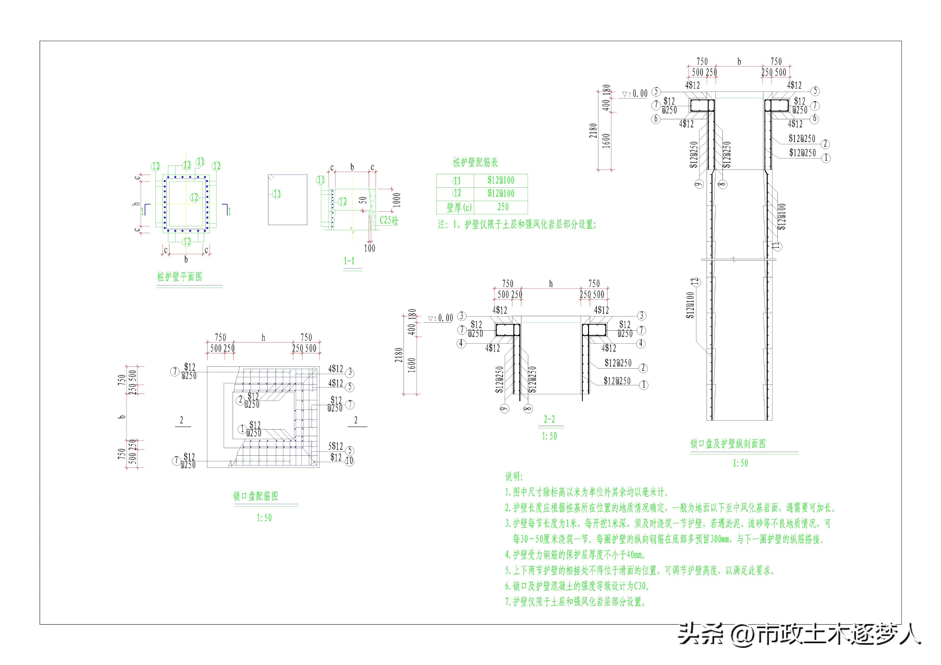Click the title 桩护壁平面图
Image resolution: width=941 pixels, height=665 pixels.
(179, 277)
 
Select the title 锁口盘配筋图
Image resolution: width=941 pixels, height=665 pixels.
(256, 496)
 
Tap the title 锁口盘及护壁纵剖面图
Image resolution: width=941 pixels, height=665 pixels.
(728, 444)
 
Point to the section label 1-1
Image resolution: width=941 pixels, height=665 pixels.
(349, 261)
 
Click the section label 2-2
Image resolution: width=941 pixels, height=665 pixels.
(549, 419)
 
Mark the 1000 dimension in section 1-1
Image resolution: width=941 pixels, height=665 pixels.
(396, 200)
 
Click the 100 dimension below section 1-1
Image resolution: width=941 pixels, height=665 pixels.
(369, 248)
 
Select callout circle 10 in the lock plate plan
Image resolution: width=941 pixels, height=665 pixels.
(349, 461)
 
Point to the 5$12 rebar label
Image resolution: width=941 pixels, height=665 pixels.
(335, 446)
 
